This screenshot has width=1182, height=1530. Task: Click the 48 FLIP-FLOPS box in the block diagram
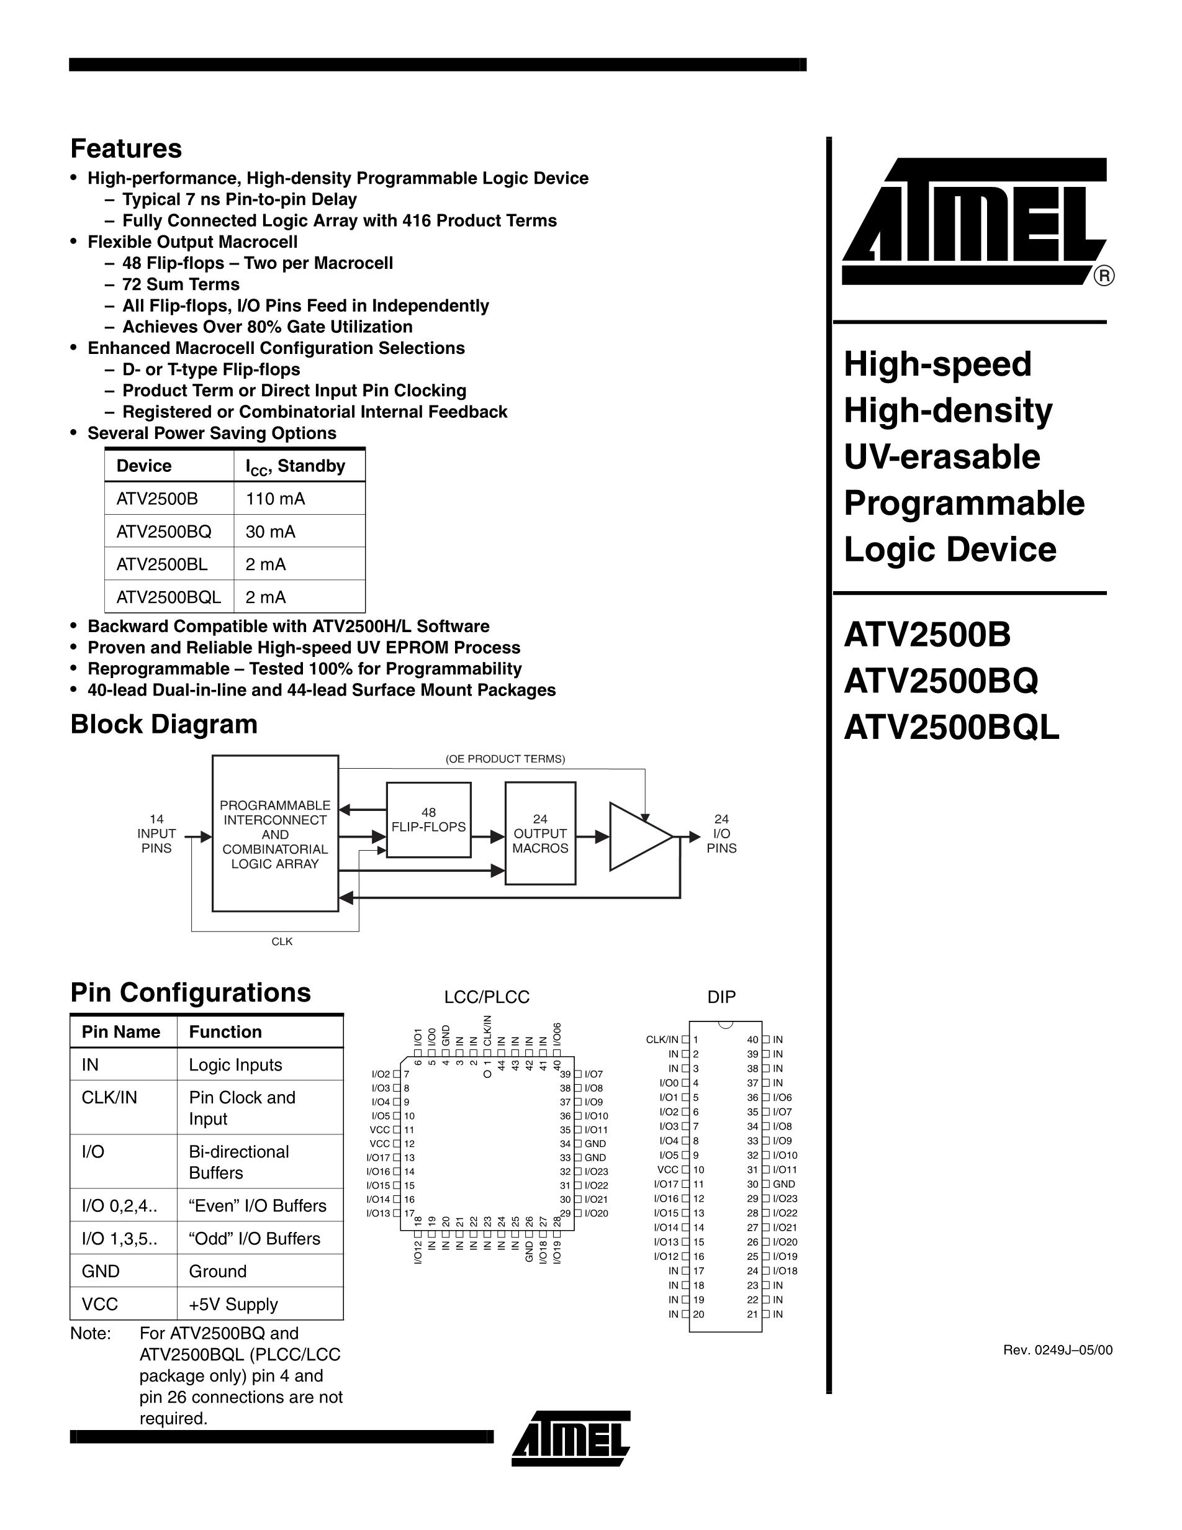pos(428,820)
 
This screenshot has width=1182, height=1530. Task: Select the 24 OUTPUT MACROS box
pos(540,834)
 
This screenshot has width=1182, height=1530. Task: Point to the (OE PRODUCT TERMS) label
pos(505,759)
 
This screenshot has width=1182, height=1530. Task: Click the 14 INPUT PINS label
pos(156,834)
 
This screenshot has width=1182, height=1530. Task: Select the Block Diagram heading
pos(164,725)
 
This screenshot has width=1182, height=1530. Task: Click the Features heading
pos(126,148)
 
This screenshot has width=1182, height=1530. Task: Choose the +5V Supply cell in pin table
pos(233,1305)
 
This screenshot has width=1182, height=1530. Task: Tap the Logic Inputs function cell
pos(235,1065)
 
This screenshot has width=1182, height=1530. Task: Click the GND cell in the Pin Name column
pos(101,1272)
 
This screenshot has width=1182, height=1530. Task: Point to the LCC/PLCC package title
pos(487,997)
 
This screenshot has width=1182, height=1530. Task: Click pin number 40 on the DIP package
pos(753,1040)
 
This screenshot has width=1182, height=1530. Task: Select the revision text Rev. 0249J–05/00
pos(1057,1350)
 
